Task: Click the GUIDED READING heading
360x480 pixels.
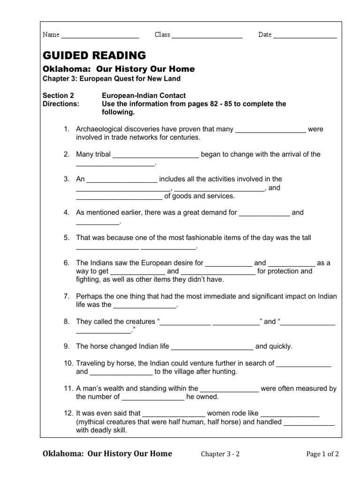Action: (x=94, y=55)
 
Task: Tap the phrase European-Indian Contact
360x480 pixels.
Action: (x=144, y=96)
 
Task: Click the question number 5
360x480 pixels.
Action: (x=67, y=238)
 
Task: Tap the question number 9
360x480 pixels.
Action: (x=67, y=346)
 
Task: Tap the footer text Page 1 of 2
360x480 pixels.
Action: (x=322, y=454)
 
